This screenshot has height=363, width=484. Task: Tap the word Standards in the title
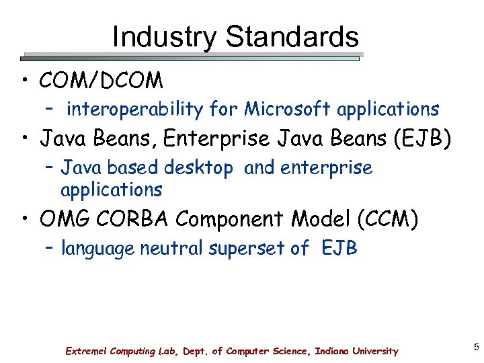(x=292, y=37)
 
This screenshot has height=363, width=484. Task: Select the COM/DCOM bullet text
(x=102, y=81)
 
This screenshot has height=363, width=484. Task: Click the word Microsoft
(x=288, y=109)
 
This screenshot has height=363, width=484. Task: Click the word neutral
(x=171, y=249)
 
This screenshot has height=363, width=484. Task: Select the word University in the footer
(x=372, y=351)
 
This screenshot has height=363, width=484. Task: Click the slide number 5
(x=476, y=348)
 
